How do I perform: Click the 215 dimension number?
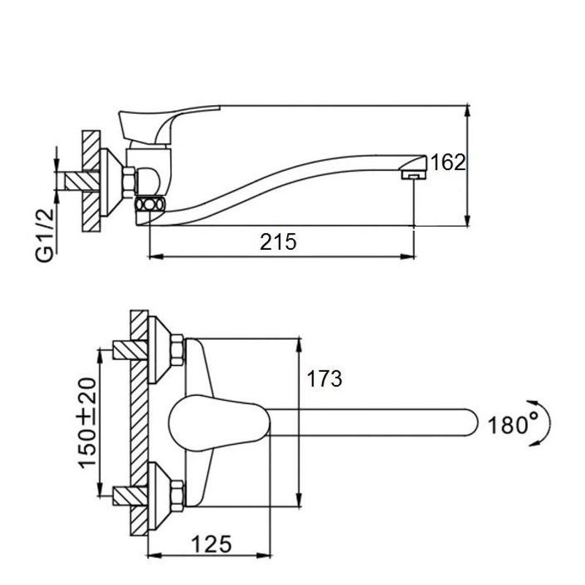279,242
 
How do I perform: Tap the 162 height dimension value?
448,162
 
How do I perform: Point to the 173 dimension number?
324,379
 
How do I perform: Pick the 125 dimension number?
212,543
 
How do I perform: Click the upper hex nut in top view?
177,349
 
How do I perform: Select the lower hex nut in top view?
177,494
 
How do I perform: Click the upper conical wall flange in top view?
159,349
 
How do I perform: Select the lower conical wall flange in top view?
159,494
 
